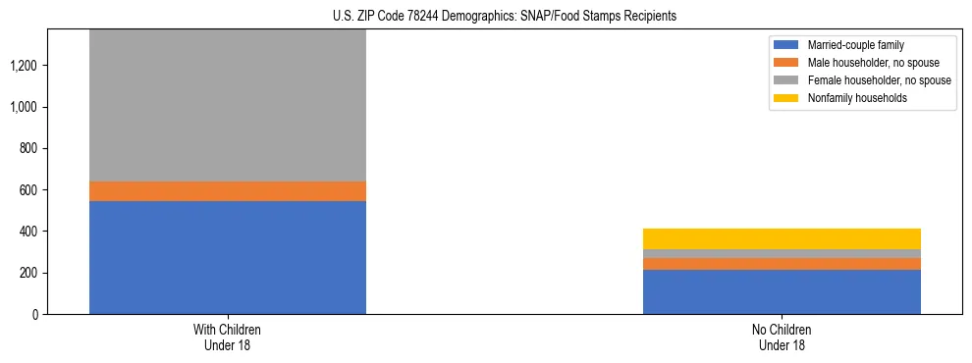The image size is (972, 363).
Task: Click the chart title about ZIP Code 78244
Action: pos(487,17)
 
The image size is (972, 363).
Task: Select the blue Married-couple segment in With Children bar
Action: pos(228,257)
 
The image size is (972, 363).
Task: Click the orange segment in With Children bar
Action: pos(228,191)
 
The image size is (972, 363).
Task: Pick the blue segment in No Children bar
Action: pos(782,291)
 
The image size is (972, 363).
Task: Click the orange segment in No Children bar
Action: pos(782,264)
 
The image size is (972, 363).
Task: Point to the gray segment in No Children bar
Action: pos(782,254)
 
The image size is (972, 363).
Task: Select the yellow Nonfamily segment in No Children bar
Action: pos(782,238)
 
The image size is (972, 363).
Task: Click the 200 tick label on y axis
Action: pos(29,273)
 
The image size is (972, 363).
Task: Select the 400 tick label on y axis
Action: pos(29,232)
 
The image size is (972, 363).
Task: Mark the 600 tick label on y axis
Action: pos(29,190)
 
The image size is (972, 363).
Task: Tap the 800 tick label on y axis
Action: pos(29,148)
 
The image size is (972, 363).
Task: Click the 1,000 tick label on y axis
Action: pos(26,107)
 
